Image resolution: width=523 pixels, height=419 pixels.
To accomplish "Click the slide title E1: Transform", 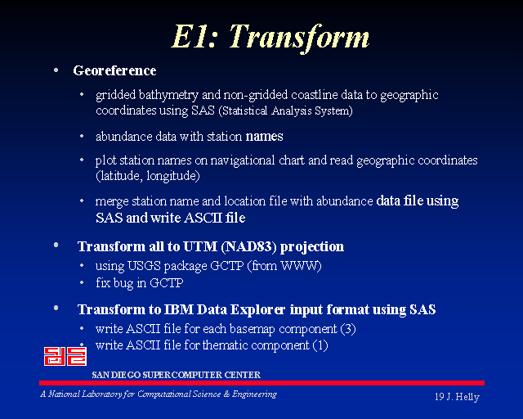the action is tap(270, 37).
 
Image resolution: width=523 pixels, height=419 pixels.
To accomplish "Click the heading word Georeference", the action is tap(114, 70).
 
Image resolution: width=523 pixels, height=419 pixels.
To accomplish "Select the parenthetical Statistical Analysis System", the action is tap(285, 110).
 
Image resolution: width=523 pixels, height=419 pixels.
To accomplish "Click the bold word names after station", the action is tap(264, 137).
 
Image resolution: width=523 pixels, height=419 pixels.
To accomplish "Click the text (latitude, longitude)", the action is tap(148, 176).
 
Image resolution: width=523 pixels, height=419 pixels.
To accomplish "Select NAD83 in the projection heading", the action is tap(248, 246).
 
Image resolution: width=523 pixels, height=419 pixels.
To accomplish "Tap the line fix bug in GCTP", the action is tap(140, 283).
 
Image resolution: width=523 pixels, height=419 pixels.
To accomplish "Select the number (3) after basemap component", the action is tap(348, 329).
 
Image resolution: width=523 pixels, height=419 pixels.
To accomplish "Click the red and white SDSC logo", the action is tap(65, 356).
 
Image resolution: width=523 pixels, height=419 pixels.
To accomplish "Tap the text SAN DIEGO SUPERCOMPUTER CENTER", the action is tap(177, 375).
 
